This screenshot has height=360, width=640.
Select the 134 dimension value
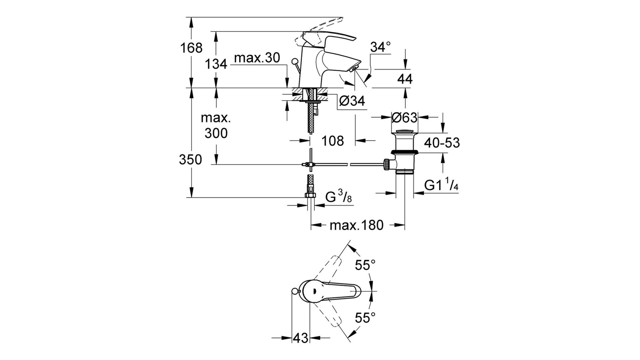(216, 64)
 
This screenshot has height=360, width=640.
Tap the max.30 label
(257, 58)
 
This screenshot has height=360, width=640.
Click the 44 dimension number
(405, 79)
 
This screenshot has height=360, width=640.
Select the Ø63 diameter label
(404, 117)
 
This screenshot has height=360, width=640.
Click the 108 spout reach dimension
(333, 141)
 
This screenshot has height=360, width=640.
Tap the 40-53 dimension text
(442, 143)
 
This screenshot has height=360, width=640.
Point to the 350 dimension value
(190, 160)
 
